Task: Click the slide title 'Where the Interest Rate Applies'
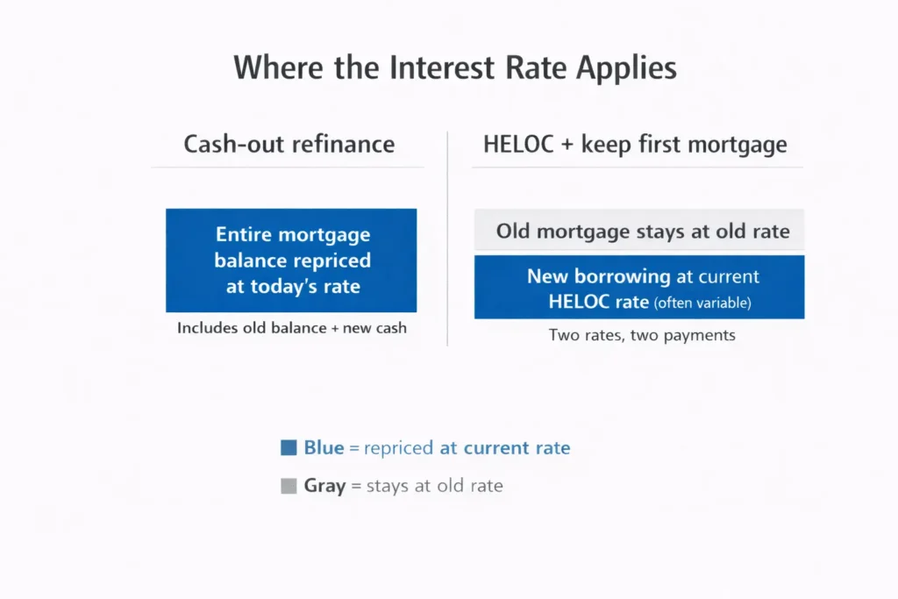pyautogui.click(x=455, y=68)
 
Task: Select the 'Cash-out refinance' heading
pyautogui.click(x=289, y=144)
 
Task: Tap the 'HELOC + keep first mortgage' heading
pyautogui.click(x=635, y=144)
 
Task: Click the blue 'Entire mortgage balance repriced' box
pyautogui.click(x=291, y=260)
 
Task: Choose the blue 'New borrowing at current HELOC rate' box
pyautogui.click(x=639, y=288)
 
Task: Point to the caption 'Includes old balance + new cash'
pyautogui.click(x=291, y=328)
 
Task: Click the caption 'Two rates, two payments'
pyautogui.click(x=642, y=334)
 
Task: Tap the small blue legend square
pyautogui.click(x=289, y=448)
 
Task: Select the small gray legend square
pyautogui.click(x=289, y=486)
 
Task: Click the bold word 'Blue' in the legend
pyautogui.click(x=324, y=448)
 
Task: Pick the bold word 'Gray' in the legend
pyautogui.click(x=324, y=486)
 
